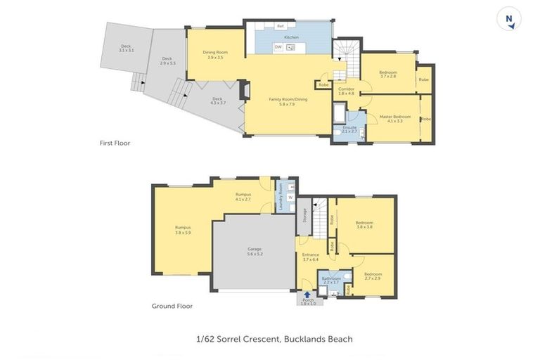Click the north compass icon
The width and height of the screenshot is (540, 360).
click(x=508, y=19)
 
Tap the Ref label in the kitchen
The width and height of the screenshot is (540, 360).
click(x=271, y=26)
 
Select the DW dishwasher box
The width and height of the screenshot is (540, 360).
click(x=278, y=47)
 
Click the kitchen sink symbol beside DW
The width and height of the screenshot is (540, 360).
click(x=290, y=47)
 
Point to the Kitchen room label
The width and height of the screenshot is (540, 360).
click(x=291, y=37)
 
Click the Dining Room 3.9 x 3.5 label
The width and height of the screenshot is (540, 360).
click(x=213, y=55)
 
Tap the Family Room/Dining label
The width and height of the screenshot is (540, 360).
click(x=288, y=101)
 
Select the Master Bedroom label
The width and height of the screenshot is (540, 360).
click(x=394, y=119)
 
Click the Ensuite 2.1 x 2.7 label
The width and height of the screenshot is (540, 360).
click(x=349, y=129)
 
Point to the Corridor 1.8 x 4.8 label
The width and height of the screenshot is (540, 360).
click(x=346, y=91)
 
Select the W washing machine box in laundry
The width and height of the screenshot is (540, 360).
click(x=290, y=198)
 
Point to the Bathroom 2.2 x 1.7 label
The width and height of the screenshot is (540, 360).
click(x=331, y=280)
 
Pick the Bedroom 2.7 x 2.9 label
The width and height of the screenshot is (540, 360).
click(x=373, y=276)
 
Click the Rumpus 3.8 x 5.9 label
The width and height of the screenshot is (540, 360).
click(x=183, y=229)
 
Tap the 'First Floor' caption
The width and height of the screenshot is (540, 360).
click(x=115, y=143)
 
